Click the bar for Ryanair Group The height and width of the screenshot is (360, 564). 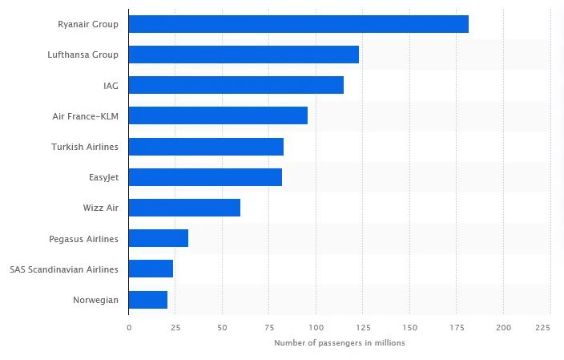[x=298, y=24]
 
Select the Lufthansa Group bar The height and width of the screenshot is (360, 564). [x=244, y=55]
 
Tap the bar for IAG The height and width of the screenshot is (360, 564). [x=236, y=85]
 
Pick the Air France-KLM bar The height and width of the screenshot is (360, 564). [x=218, y=115]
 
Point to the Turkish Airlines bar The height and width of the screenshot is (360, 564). [x=206, y=147]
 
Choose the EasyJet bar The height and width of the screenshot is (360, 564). [x=205, y=177]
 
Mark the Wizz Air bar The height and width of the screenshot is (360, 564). [x=184, y=208]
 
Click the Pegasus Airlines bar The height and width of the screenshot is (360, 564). [x=158, y=238]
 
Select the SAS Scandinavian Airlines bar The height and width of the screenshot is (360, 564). [x=151, y=269]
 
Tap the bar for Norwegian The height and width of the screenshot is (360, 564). [x=147, y=300]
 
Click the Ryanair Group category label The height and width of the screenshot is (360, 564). [x=88, y=24]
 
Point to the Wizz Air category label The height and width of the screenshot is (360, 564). [x=100, y=208]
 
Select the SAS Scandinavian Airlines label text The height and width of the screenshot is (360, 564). [x=64, y=269]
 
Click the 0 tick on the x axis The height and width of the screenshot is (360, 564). [x=128, y=327]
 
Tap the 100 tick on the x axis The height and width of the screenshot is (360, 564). [x=316, y=327]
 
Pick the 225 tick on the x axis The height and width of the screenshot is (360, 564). [x=543, y=327]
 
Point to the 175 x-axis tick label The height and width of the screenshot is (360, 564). [x=457, y=327]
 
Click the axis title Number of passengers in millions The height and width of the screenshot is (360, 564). [x=340, y=343]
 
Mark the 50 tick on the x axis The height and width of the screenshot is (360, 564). [x=222, y=327]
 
